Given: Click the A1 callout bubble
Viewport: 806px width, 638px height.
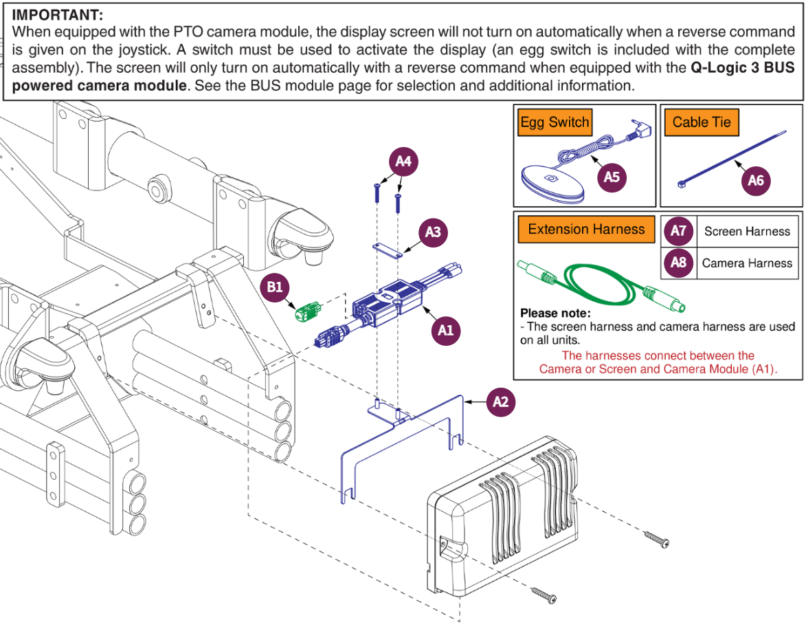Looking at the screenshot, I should (446, 330).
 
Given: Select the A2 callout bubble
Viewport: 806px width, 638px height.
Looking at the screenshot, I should (501, 401).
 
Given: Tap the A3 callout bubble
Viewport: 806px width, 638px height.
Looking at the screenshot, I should (433, 232).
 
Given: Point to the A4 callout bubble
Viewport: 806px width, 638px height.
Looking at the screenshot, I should (404, 162).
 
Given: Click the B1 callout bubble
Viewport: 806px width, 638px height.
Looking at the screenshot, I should (275, 287).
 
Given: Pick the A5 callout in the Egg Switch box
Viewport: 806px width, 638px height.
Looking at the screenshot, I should (612, 177).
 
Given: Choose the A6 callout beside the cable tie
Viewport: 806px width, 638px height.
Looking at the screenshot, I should (755, 180).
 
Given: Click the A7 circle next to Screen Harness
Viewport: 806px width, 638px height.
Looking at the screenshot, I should (678, 231).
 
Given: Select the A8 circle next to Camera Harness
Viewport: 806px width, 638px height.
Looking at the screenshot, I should (678, 263).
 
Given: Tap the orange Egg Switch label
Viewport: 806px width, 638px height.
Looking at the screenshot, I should (555, 123).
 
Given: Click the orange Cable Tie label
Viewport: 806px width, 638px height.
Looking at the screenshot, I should (702, 123).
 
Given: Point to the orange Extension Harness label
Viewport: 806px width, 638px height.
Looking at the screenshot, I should (586, 230).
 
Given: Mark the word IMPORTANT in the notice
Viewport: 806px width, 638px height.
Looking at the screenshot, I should (58, 15).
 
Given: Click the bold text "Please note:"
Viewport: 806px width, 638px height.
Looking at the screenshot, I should (555, 313).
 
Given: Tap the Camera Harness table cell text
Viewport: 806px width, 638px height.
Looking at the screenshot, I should (747, 263).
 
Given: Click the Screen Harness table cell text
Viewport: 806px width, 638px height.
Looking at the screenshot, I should (747, 232).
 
